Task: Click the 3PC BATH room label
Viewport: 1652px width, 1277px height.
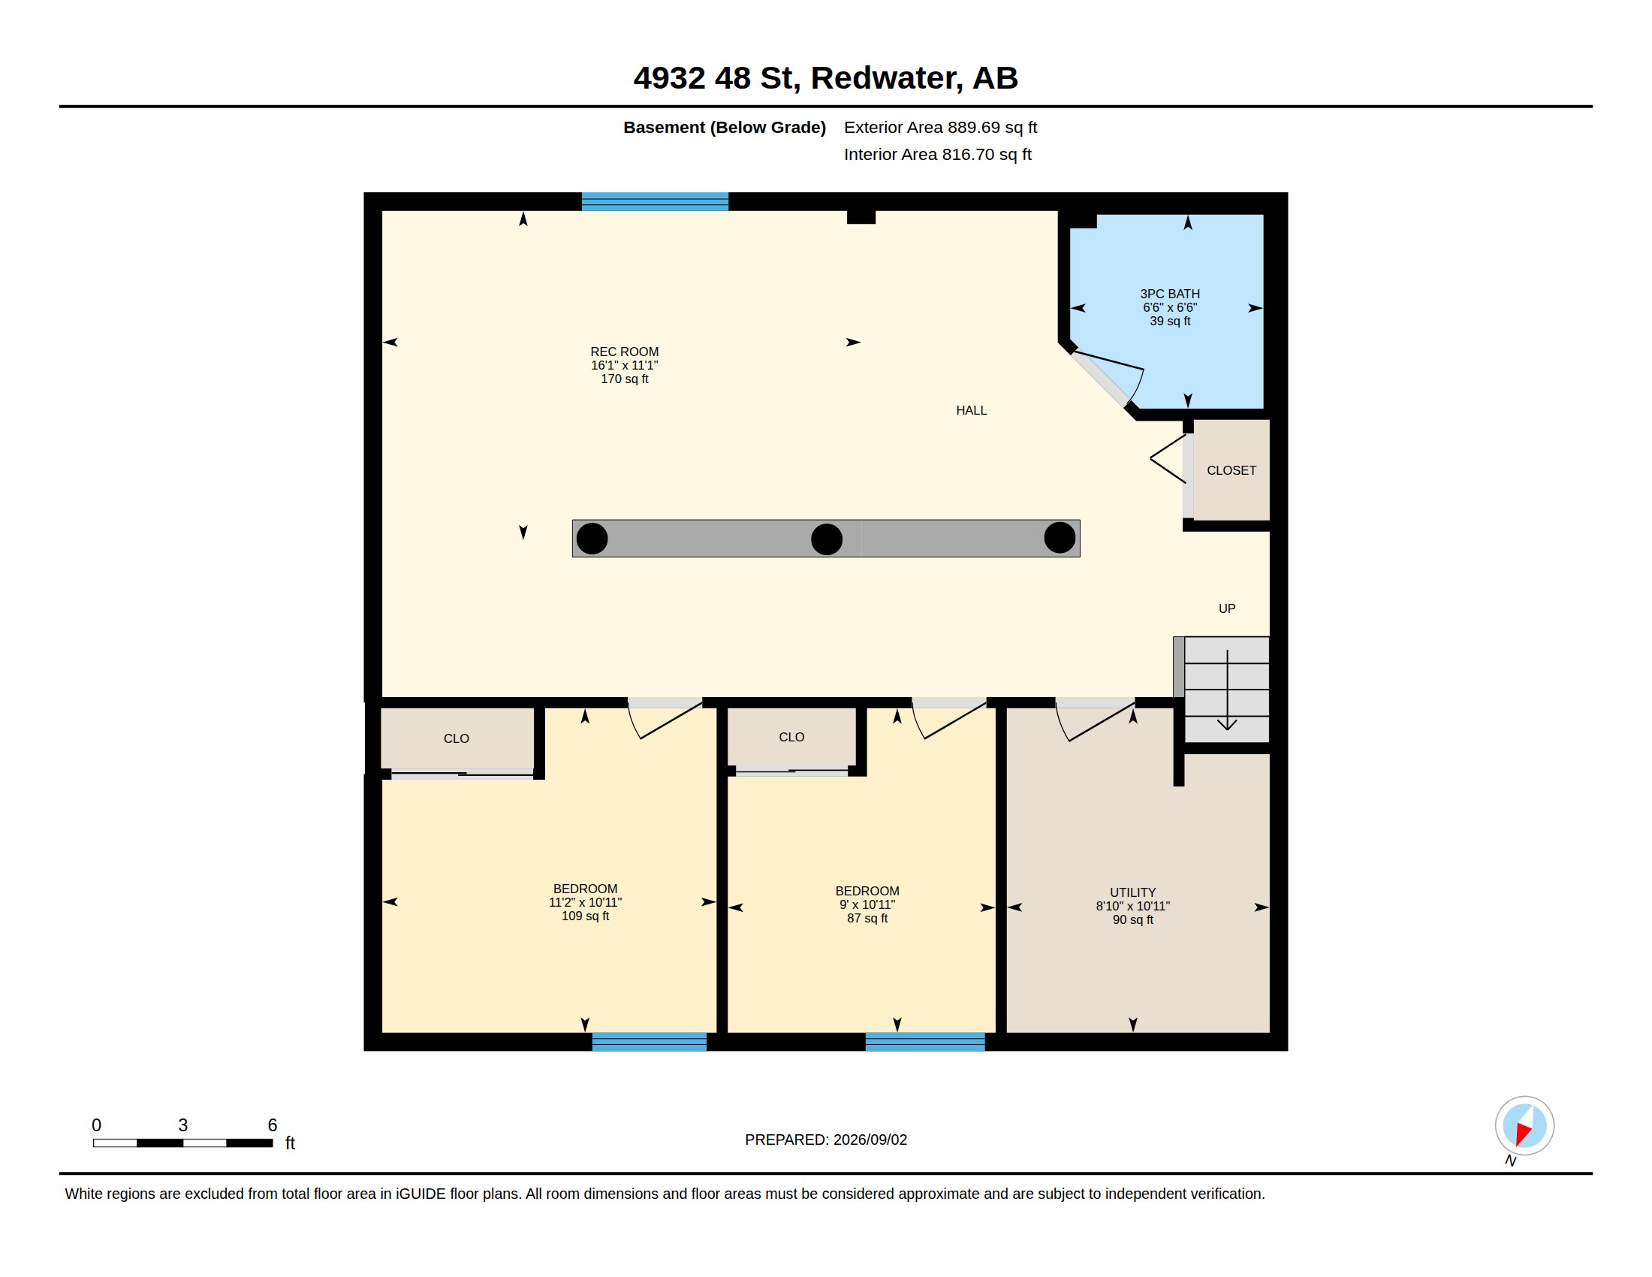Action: pos(1169,294)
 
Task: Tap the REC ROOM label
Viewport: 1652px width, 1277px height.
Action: pos(624,352)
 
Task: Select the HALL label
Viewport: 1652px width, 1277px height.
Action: pos(971,410)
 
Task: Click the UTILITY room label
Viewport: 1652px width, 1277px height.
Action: pos(1132,892)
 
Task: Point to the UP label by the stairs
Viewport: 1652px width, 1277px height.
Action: pos(1227,608)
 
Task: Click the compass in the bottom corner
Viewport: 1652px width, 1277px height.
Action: pos(1524,1126)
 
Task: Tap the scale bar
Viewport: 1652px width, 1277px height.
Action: pos(183,1143)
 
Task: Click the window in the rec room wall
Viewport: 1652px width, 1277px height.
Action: pos(655,201)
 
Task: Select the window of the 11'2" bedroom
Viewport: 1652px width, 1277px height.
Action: pos(649,1042)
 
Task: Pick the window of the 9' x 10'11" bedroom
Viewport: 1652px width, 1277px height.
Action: pos(925,1042)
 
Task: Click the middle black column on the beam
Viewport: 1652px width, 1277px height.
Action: pos(827,539)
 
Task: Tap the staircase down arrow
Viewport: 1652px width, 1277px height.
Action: pos(1227,689)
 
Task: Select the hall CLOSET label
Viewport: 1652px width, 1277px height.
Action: pos(1231,470)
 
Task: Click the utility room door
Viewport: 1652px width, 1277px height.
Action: pos(1096,720)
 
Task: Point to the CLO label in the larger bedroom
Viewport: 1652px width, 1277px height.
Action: pos(456,738)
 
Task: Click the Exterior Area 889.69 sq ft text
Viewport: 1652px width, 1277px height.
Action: pos(940,127)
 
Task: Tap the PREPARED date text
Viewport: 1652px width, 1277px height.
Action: pos(826,1140)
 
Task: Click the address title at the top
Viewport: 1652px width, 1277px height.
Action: pos(826,78)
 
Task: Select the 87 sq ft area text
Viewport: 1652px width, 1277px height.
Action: pos(867,919)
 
